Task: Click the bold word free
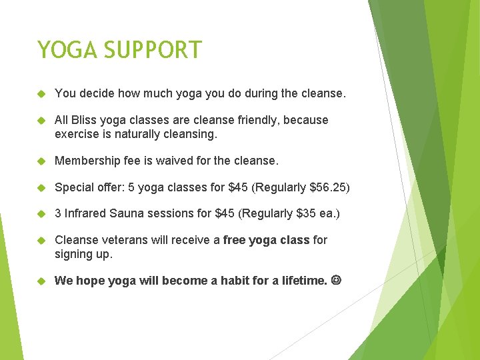pyautogui.click(x=235, y=240)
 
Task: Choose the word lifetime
pyautogui.click(x=300, y=281)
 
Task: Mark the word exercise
pyautogui.click(x=77, y=133)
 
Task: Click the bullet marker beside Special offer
pyautogui.click(x=41, y=187)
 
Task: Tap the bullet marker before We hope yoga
pyautogui.click(x=41, y=281)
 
